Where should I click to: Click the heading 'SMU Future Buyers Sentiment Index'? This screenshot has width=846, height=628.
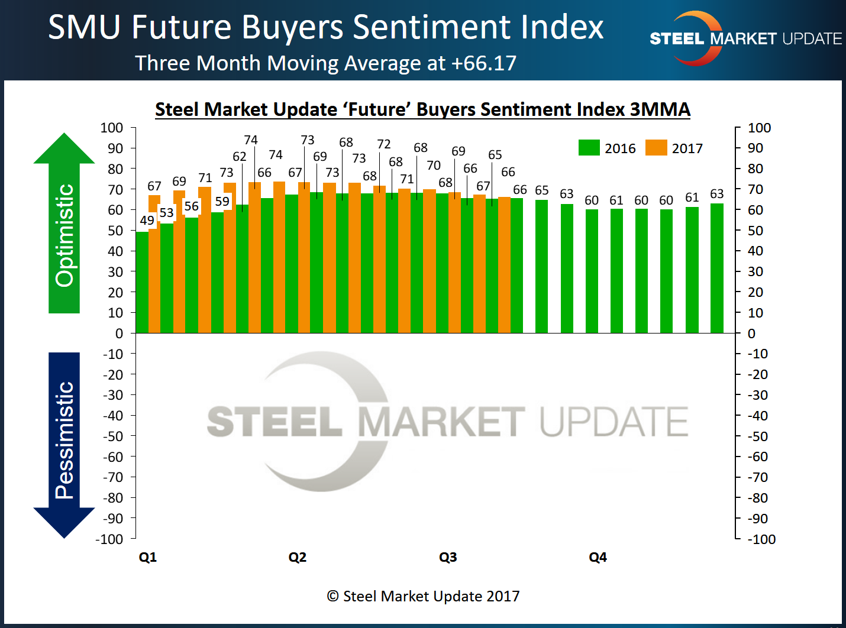click(x=325, y=27)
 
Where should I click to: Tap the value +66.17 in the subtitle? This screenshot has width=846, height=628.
click(x=484, y=63)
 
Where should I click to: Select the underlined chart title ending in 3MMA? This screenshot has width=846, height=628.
click(x=422, y=109)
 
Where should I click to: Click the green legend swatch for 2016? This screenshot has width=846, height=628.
click(x=589, y=148)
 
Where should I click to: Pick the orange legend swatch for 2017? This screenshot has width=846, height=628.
click(x=656, y=148)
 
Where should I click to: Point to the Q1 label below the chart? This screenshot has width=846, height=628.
click(x=148, y=557)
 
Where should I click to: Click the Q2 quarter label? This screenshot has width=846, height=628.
click(x=298, y=557)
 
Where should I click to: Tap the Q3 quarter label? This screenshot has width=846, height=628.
click(x=448, y=557)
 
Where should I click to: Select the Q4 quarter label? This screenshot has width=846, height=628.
click(x=598, y=557)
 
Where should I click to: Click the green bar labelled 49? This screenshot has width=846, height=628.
click(x=142, y=284)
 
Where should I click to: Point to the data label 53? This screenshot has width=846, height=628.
click(x=167, y=213)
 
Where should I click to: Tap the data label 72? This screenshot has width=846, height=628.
click(x=384, y=144)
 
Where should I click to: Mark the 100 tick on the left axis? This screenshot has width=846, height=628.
click(x=112, y=128)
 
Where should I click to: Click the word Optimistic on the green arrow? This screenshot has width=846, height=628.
click(x=64, y=235)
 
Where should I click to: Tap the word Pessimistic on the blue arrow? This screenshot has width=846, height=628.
click(x=64, y=441)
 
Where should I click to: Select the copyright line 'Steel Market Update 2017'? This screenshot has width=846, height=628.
click(x=424, y=596)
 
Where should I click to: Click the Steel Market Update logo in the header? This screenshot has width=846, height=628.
click(x=745, y=38)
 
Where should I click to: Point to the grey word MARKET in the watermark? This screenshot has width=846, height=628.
click(x=441, y=422)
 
